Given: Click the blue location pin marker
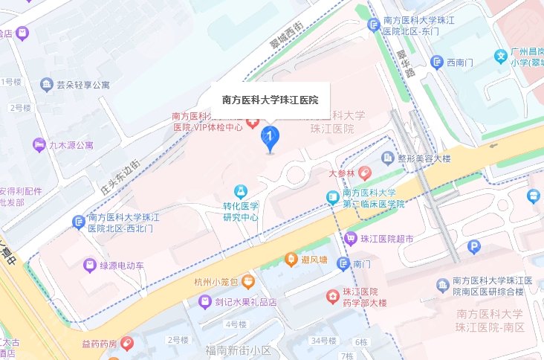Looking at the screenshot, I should [271, 138].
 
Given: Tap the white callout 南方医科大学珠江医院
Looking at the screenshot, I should [271, 99].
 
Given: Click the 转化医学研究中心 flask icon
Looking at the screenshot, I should [240, 192].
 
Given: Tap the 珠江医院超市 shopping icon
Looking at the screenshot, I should [351, 239].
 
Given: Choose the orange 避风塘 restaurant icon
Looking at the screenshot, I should [292, 260].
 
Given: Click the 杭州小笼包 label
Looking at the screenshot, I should [216, 282].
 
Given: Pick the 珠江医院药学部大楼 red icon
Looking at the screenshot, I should [332, 298].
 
